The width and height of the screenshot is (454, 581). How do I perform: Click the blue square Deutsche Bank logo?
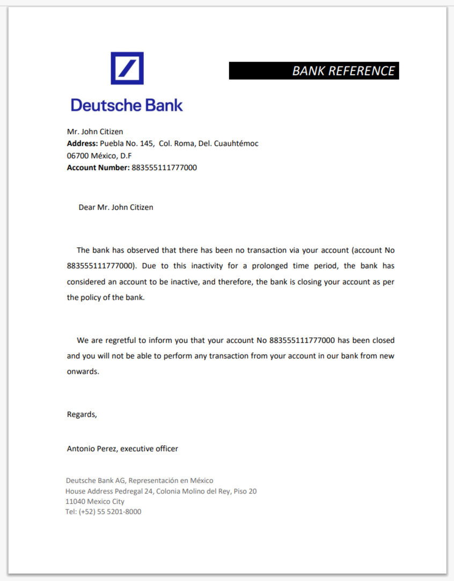pyautogui.click(x=127, y=68)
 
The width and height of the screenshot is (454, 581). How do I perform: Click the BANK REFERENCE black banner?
pyautogui.click(x=314, y=71)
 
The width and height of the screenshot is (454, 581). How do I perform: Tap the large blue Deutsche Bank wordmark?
pyautogui.click(x=127, y=105)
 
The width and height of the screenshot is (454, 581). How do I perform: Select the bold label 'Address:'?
pyautogui.click(x=82, y=144)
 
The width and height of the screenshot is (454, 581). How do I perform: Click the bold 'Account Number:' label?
pyautogui.click(x=98, y=168)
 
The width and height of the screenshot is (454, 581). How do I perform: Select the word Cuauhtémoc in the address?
pyautogui.click(x=236, y=144)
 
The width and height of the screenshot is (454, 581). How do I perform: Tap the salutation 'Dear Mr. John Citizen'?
pyautogui.click(x=116, y=207)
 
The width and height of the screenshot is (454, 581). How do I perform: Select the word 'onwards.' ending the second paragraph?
pyautogui.click(x=83, y=371)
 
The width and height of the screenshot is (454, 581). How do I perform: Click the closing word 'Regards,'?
pyautogui.click(x=82, y=415)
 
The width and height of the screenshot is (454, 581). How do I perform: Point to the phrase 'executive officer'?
pyautogui.click(x=149, y=448)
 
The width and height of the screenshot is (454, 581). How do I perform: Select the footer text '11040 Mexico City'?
pyautogui.click(x=95, y=502)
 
